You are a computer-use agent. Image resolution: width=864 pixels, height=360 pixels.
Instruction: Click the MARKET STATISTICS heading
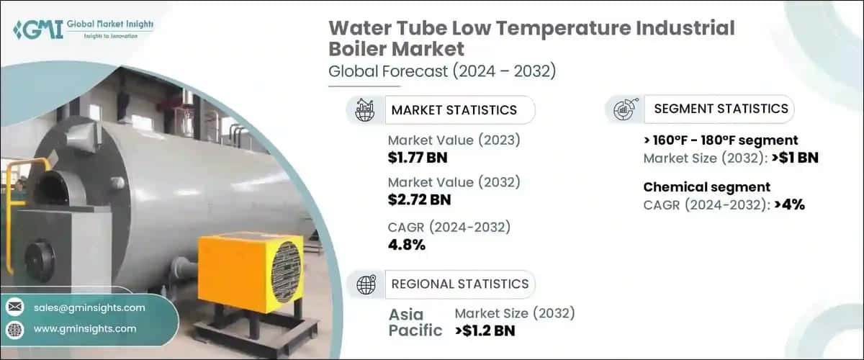click(454, 110)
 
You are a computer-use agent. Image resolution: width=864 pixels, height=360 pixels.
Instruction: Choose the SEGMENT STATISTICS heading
click(721, 109)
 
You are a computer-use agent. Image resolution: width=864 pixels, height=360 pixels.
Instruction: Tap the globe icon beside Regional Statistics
click(366, 284)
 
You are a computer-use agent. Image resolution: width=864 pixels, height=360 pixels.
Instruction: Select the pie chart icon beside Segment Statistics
click(624, 109)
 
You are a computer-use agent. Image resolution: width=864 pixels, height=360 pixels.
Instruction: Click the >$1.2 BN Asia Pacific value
click(485, 330)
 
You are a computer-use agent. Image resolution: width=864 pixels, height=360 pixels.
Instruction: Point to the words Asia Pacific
click(416, 323)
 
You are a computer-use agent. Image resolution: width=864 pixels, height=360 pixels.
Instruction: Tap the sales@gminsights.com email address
click(89, 307)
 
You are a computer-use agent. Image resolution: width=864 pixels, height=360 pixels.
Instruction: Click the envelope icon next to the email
click(14, 307)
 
